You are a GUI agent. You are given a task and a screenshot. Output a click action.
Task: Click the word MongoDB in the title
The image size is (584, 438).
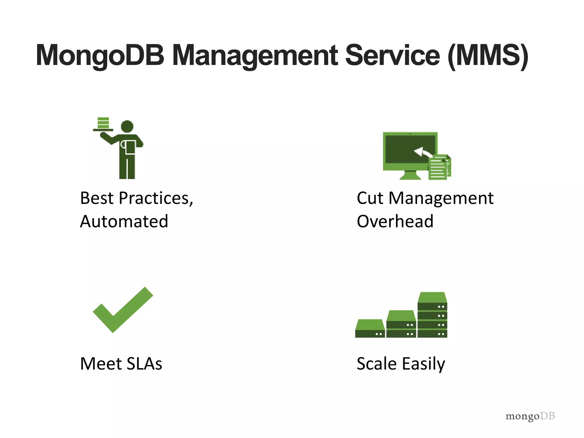100,56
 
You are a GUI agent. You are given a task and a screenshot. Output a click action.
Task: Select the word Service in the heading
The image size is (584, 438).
393,56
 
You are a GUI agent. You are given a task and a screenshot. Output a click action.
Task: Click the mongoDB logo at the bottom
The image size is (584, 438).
530,416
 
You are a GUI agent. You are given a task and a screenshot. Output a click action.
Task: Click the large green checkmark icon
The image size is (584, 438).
123,311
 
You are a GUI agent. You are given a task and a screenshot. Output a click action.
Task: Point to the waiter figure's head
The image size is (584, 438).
127,126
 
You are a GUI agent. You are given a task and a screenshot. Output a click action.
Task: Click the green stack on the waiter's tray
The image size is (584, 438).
103,123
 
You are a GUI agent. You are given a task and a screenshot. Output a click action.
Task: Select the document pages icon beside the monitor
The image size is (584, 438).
439,168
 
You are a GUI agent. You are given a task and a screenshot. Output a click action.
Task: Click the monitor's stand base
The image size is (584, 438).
410,177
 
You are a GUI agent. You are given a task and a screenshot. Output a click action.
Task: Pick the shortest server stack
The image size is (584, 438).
370,329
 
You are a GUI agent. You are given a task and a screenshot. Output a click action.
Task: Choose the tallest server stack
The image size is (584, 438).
432,315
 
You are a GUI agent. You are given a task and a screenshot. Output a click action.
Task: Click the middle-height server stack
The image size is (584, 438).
401,324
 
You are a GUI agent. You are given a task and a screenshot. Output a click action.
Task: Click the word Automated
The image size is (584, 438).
124,221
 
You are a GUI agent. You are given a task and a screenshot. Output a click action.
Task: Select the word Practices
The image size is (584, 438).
156,198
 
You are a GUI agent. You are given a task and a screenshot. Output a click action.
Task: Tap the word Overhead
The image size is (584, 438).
395,221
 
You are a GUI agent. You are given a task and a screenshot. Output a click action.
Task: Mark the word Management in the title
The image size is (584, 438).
255,56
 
